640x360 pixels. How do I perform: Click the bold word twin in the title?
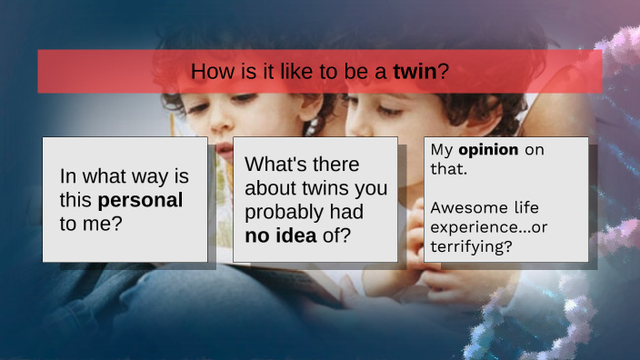pos(415,71)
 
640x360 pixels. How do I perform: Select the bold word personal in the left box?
pos(140,200)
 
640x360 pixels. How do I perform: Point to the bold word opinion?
pos(488,149)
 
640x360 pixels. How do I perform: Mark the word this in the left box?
pos(76,200)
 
